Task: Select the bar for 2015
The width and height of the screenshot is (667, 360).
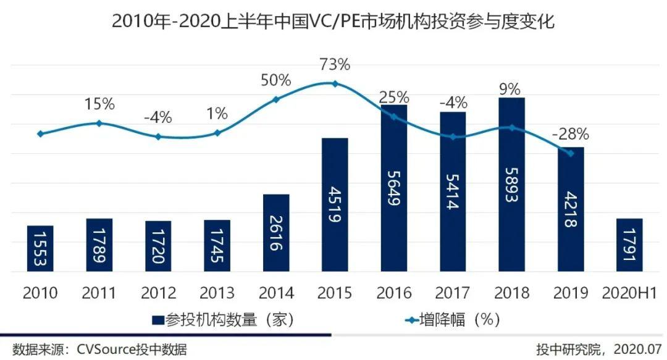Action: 335,204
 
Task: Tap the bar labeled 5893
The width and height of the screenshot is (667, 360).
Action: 512,184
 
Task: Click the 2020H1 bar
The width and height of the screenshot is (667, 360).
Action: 630,245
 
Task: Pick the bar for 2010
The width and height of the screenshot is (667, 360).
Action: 41,248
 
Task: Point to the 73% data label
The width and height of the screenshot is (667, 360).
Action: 335,64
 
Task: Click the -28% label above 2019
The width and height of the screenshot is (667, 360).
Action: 571,134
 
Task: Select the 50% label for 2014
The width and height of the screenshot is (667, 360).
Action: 275,80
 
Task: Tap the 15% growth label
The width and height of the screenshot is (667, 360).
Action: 99,104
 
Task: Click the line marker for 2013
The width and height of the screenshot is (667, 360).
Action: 217,133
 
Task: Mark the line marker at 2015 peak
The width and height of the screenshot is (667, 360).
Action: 335,83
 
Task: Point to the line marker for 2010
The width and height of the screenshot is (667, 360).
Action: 41,133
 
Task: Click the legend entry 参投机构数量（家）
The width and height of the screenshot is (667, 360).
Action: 222,320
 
